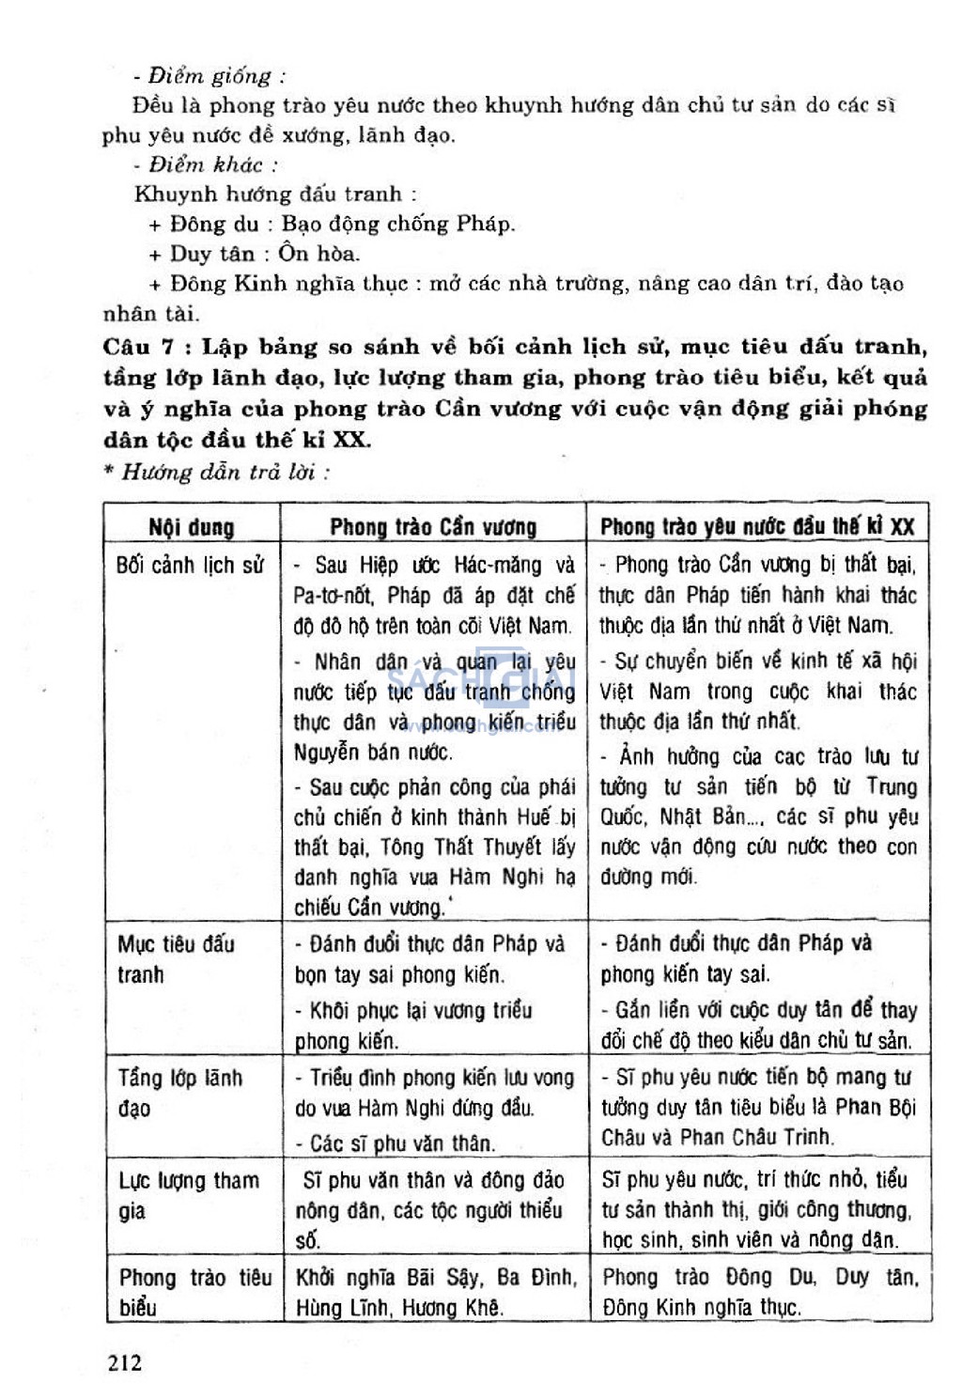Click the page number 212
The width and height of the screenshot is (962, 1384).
tap(125, 1362)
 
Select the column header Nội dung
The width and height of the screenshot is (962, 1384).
tap(191, 527)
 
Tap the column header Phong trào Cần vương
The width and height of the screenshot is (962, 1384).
tap(433, 527)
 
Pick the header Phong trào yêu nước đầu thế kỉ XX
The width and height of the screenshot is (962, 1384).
tap(757, 527)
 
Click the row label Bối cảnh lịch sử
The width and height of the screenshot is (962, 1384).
tap(190, 566)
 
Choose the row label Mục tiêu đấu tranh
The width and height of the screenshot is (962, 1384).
tap(176, 959)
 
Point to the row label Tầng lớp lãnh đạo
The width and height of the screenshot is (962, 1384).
tap(179, 1093)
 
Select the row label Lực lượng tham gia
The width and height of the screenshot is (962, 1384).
tap(188, 1195)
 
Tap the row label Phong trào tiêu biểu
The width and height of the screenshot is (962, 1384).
tap(194, 1293)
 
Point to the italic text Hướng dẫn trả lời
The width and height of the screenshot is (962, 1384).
tap(225, 472)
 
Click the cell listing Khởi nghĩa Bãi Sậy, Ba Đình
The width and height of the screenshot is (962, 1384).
tap(435, 1293)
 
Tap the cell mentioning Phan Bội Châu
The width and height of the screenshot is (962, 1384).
tap(758, 1108)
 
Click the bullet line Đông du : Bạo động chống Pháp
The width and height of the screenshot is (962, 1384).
tap(332, 224)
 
